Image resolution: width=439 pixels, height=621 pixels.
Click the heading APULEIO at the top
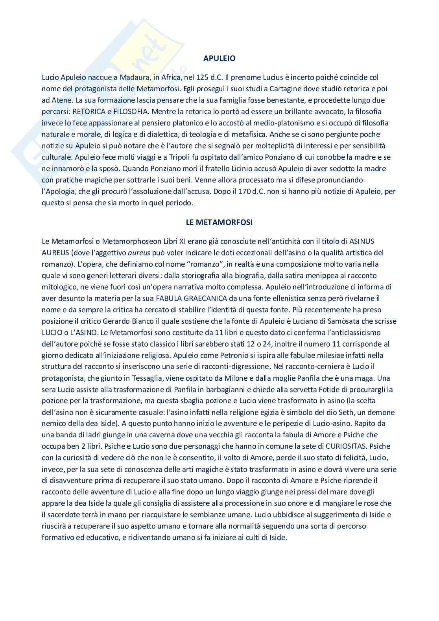(x=219, y=59)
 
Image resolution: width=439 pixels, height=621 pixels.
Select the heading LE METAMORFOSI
(x=219, y=222)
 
